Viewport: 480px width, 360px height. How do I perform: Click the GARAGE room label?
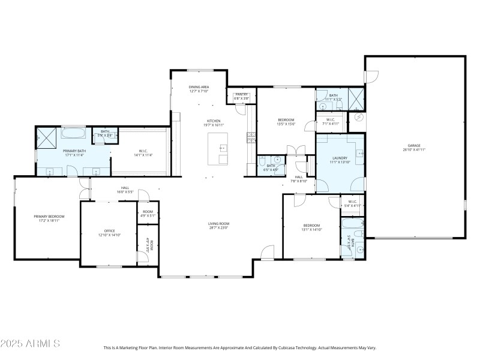414,145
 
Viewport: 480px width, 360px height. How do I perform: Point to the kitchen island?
219,148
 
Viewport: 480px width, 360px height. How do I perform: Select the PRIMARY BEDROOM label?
49,217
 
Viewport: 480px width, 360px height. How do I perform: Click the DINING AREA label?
199,88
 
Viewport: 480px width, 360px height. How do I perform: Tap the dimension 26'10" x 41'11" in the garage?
414,149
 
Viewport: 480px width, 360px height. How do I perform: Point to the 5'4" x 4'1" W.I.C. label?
352,205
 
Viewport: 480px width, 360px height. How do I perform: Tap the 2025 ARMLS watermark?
30,344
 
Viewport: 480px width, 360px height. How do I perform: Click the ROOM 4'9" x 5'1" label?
148,214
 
